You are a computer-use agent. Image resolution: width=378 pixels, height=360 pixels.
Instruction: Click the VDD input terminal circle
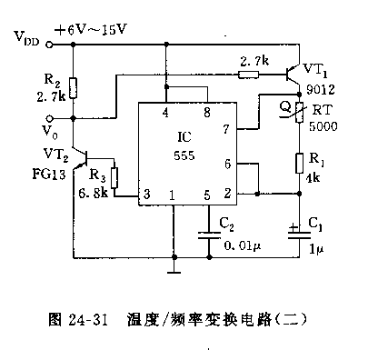tap(49, 45)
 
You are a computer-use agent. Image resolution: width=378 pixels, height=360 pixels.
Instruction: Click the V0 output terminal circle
tap(50, 118)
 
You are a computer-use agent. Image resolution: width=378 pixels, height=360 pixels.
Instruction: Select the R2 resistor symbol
tap(73, 88)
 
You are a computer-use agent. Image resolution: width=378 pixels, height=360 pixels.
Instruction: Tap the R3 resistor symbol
tap(114, 178)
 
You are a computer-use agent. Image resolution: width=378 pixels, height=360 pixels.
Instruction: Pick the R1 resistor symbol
tap(299, 164)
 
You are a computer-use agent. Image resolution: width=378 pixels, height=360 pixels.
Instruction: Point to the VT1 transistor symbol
tap(293, 75)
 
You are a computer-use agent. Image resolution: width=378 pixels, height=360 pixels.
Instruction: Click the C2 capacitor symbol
tap(209, 235)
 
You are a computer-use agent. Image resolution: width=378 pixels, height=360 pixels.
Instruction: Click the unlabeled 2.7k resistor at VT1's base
tap(248, 75)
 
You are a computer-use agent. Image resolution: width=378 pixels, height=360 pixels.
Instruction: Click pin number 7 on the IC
tap(226, 129)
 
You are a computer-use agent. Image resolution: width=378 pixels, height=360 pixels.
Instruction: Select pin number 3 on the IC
tap(147, 194)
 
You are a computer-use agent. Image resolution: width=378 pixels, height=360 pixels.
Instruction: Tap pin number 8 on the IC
tap(207, 113)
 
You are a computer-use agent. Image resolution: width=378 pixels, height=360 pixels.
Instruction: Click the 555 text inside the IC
tap(184, 155)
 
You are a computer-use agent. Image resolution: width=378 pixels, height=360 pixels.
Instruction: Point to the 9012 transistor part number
tap(321, 90)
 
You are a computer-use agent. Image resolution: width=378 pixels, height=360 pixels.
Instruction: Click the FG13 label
tap(49, 175)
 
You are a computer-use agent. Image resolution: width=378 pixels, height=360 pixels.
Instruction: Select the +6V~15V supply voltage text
tap(91, 30)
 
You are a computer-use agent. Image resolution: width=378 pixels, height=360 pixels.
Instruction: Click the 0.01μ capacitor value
tap(243, 245)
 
